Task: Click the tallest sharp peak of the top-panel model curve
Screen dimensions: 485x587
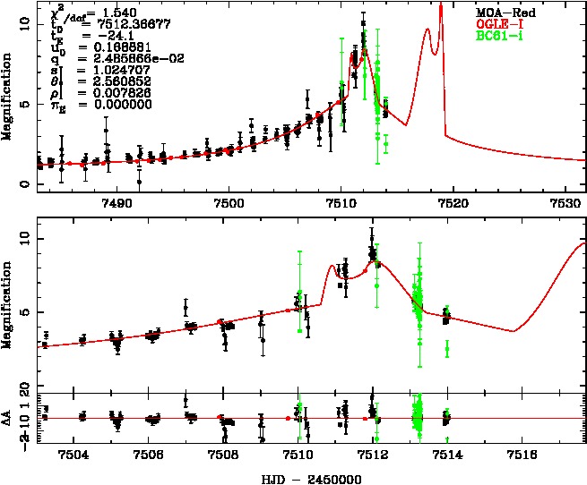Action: click(441, 5)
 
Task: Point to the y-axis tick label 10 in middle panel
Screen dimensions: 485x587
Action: click(25, 238)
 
